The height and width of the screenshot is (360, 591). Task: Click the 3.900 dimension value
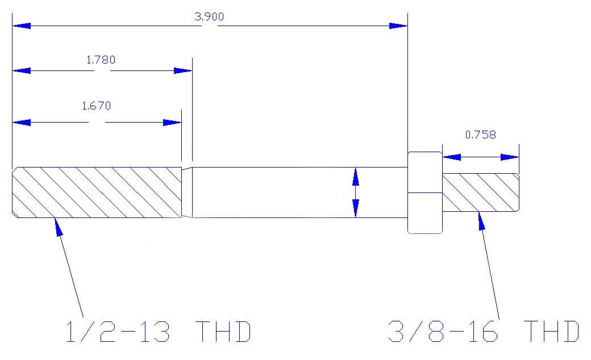click(209, 16)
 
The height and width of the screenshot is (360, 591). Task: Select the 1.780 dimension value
click(101, 59)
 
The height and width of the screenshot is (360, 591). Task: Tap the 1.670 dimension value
click(96, 106)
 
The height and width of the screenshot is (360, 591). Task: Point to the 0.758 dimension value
click(480, 135)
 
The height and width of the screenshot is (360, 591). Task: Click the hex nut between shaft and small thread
click(425, 192)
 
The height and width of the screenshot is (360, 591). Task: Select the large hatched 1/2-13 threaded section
click(97, 192)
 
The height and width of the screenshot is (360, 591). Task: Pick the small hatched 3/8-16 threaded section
click(480, 192)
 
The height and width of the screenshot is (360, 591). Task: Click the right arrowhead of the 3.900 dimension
click(398, 26)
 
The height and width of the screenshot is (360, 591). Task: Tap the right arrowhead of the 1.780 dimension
click(183, 70)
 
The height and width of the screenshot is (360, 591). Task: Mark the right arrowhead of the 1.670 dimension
click(172, 123)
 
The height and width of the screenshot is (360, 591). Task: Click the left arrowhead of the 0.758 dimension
click(451, 157)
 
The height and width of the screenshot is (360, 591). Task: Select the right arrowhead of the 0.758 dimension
click(510, 157)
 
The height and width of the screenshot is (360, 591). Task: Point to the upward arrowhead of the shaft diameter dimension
click(356, 176)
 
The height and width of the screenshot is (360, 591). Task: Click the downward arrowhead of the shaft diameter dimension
click(356, 208)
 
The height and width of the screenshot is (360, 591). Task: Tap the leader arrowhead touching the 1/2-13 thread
click(58, 225)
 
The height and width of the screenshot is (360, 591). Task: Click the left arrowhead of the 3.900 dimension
click(21, 26)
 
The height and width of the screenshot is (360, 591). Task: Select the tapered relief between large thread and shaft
click(186, 192)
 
